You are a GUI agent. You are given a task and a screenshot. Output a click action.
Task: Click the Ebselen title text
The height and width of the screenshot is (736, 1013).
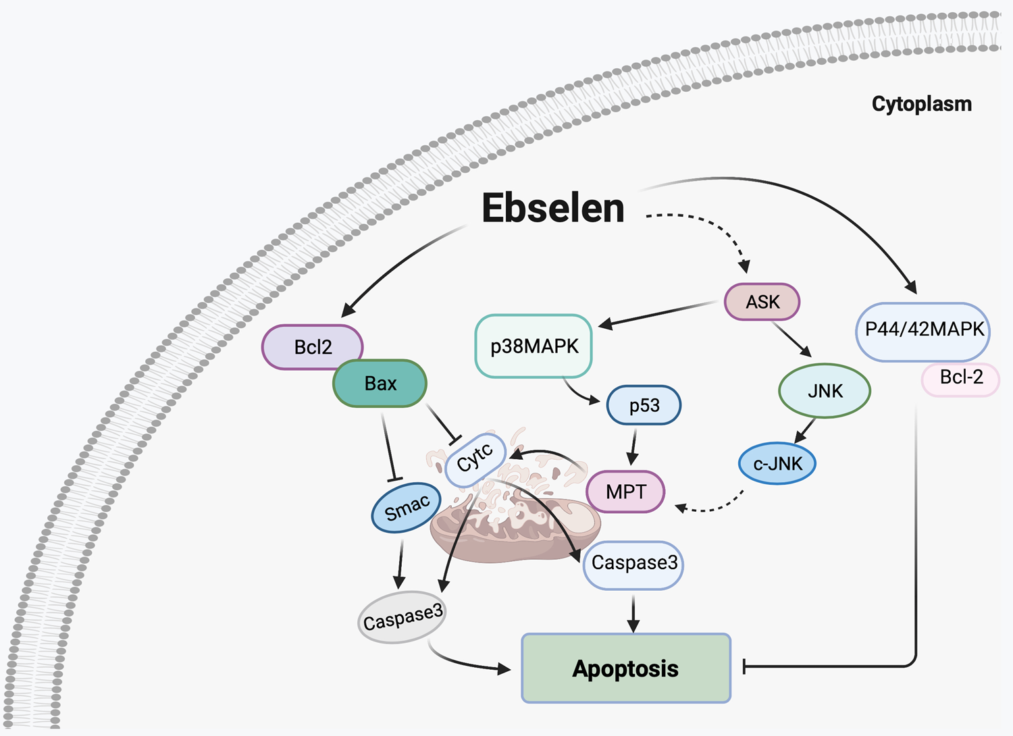point(552,208)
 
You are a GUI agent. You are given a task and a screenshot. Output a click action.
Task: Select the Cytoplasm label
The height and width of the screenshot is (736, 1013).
point(921,104)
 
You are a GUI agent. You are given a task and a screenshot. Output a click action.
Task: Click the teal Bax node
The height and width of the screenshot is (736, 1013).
point(380,384)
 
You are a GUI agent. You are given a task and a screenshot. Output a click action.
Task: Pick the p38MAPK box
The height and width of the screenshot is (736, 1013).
point(534,346)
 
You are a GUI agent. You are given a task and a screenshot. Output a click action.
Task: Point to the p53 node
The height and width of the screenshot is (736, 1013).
point(644,405)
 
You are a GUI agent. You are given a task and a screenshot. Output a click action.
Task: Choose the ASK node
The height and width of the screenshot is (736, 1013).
point(762,302)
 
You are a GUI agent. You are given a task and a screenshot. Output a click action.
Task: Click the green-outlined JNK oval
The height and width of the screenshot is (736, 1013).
point(825,391)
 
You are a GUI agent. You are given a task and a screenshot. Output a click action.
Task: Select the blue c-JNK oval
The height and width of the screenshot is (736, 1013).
point(777,464)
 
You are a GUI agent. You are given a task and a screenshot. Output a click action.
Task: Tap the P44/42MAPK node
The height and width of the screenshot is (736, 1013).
point(923,330)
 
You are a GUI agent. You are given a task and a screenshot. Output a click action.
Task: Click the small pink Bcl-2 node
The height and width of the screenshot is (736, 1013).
point(961,378)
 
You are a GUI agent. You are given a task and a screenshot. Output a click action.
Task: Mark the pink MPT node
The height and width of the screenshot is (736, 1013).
point(625,492)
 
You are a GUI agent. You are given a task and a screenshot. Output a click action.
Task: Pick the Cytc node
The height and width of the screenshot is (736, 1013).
point(475,459)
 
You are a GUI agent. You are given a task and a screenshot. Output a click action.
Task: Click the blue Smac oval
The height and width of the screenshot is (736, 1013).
point(407,508)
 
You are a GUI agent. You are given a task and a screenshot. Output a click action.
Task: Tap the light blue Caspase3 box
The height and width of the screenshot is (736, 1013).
point(633,564)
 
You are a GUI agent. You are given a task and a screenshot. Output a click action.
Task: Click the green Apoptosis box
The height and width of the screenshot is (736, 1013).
point(626,668)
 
